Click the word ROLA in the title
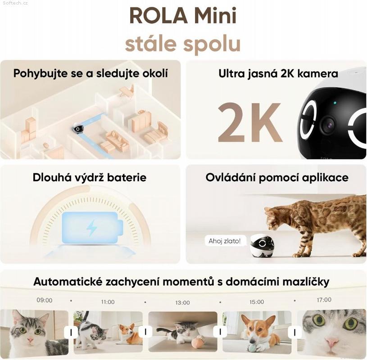tap(159, 16)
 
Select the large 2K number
tap(249, 122)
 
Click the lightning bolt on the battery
tap(91, 228)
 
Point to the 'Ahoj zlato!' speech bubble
tap(225, 241)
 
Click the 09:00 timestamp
tap(45, 300)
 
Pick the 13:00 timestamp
tap(182, 303)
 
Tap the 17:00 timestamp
tap(324, 300)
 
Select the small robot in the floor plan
tap(78, 128)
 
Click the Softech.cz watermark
tap(15, 3)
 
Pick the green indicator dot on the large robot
tap(335, 103)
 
